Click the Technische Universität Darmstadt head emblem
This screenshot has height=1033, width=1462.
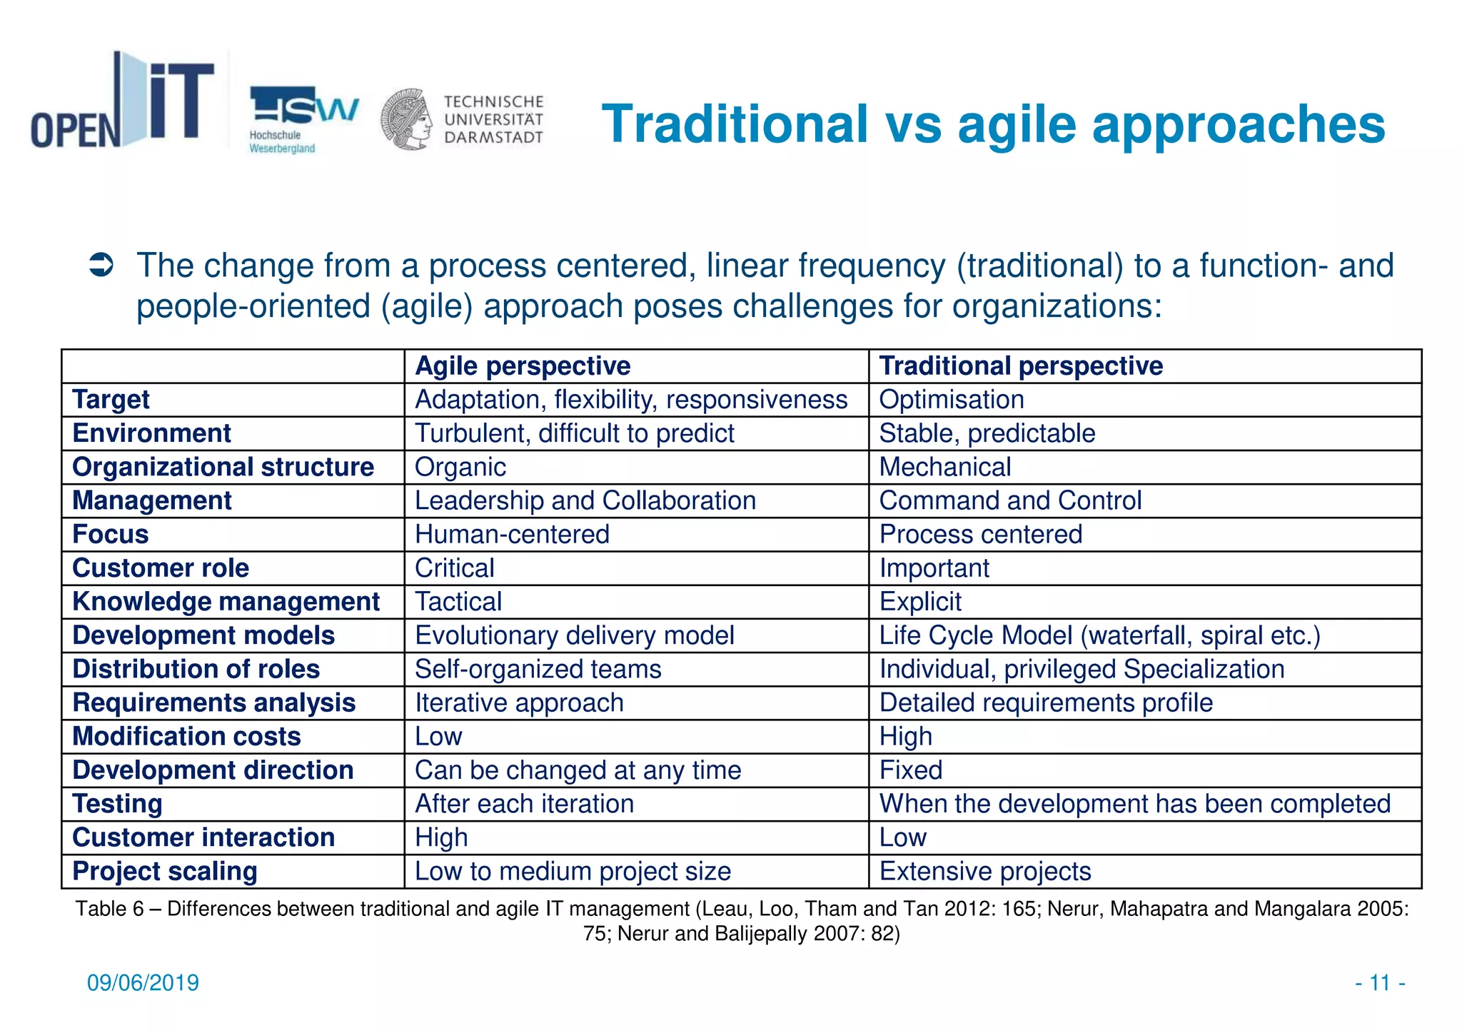(406, 119)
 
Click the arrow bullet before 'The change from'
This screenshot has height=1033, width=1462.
(101, 266)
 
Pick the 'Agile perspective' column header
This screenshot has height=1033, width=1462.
(523, 366)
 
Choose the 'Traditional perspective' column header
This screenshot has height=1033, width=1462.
(1021, 366)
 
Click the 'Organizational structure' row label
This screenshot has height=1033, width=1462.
(223, 467)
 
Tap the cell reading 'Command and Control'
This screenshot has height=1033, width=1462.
(1010, 500)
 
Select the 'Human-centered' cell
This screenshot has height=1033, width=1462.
(512, 534)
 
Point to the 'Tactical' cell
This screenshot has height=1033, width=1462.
(458, 602)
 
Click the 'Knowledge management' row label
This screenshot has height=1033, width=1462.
(226, 602)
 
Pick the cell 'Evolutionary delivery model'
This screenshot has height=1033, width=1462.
(574, 635)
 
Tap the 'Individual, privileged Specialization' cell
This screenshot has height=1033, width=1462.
(1082, 669)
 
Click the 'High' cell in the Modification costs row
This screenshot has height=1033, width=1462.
(905, 737)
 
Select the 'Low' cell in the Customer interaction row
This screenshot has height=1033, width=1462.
(902, 837)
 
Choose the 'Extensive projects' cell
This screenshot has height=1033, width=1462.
(985, 872)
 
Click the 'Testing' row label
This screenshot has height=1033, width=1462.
(117, 804)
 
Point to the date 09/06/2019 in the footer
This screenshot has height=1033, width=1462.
(143, 983)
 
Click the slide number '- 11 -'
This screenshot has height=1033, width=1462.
(1380, 983)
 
